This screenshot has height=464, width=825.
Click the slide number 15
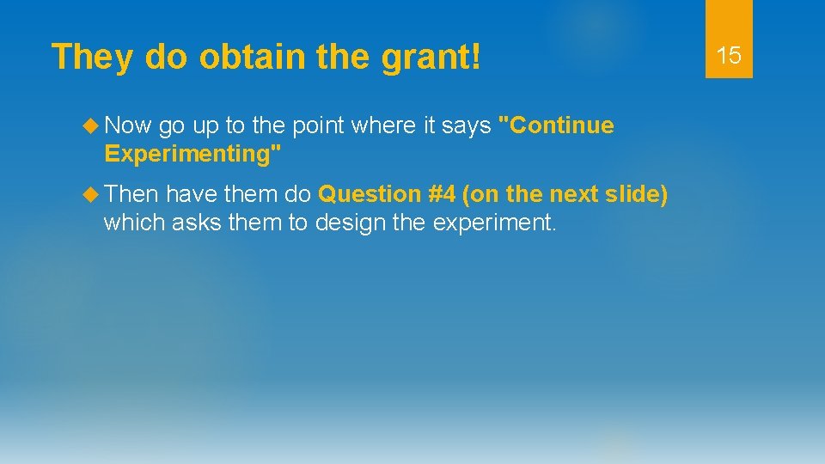click(x=729, y=56)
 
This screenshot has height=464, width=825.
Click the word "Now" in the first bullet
click(x=127, y=125)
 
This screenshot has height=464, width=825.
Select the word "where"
click(x=386, y=125)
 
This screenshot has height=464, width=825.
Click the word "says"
click(x=467, y=126)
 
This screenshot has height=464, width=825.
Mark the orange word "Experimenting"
click(x=190, y=155)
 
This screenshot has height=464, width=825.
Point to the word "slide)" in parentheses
click(x=636, y=195)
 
